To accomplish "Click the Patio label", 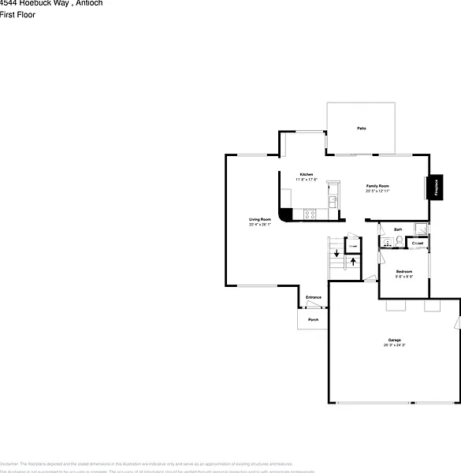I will click(x=361, y=128).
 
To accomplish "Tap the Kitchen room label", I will click(x=306, y=174).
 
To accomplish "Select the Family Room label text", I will click(x=377, y=186).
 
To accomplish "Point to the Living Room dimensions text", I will click(x=260, y=225).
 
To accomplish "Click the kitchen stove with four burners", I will click(x=310, y=214).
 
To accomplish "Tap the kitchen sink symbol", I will click(x=334, y=200).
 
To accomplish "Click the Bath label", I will click(x=398, y=229).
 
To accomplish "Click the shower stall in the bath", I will click(x=422, y=230).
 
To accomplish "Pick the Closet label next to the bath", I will click(x=418, y=244).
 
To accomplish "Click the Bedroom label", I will click(x=404, y=271).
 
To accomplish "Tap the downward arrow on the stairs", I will click(x=337, y=253).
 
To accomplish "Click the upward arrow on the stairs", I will click(x=352, y=260).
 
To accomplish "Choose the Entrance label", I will click(x=314, y=297).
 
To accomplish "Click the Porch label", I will click(x=313, y=319).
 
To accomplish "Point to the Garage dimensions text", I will click(x=395, y=345).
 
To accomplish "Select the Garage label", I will click(x=395, y=340).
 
